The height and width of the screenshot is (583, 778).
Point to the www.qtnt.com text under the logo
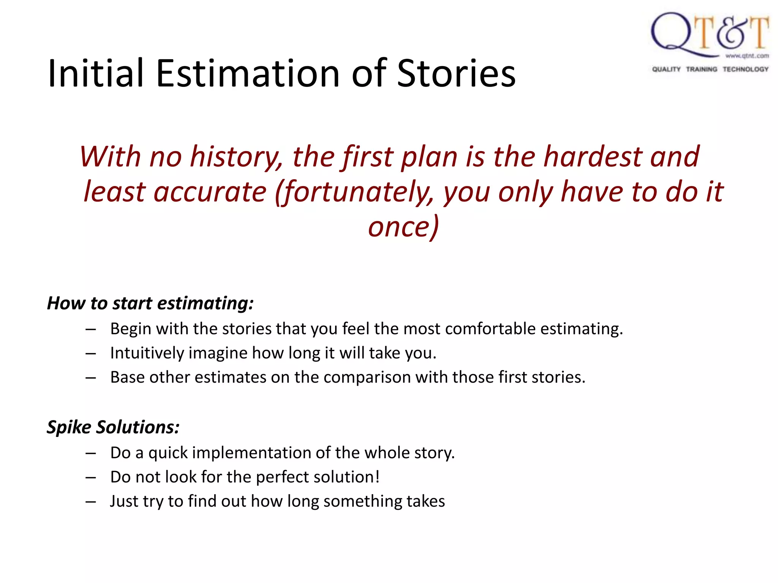point(747,56)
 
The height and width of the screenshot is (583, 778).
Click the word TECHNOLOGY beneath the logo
point(745,69)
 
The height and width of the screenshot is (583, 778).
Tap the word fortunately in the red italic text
point(355,192)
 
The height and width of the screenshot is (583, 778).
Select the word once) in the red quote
point(403,227)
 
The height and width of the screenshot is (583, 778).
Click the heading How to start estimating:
point(150,303)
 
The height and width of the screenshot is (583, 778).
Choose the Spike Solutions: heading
point(113,427)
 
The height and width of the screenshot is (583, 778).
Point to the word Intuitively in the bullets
point(147,353)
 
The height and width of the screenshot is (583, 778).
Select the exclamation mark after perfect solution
point(377,477)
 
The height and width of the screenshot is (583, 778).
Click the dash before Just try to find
point(90,502)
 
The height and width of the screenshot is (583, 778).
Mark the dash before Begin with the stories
point(90,329)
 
